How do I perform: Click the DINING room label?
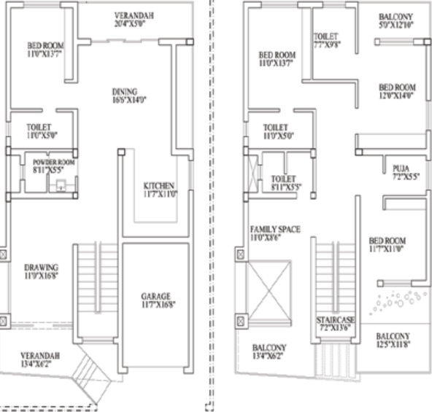124,92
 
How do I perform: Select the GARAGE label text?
156,296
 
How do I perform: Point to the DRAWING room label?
40,268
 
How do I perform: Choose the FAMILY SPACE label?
275,228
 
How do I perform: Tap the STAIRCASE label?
335,320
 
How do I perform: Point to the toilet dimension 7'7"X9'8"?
327,44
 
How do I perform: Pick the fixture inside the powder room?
60,184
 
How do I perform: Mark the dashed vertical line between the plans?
212,204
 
